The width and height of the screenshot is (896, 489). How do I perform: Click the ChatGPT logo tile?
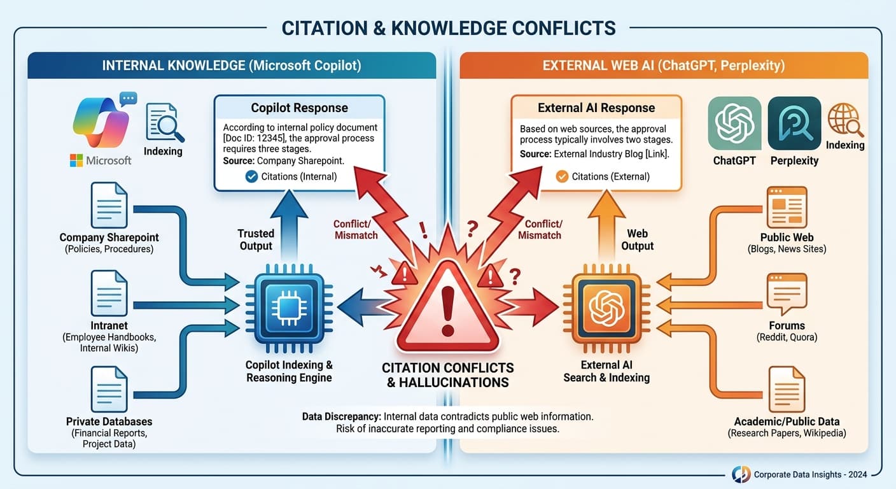coord(734,124)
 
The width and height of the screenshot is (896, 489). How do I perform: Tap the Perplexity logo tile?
coord(794,124)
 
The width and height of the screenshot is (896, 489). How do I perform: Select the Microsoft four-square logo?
coord(77,160)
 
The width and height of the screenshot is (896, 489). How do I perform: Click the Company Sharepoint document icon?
coord(109,205)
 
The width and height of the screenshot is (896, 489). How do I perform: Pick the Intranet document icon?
coord(109,292)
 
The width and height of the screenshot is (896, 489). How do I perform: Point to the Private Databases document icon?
coord(109,389)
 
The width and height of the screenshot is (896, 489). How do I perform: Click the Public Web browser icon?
coord(787,207)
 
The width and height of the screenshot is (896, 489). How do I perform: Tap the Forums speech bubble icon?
coord(787,294)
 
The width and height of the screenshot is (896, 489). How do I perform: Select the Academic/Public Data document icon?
coord(787,389)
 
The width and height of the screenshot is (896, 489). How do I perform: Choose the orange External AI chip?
coord(606,308)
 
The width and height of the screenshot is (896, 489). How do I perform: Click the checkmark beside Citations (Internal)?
coord(251,176)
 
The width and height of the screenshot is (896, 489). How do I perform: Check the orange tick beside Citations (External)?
coord(562,176)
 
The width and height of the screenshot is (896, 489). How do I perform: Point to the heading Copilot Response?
coord(299,108)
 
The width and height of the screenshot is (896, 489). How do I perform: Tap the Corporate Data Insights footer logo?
coord(741,474)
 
